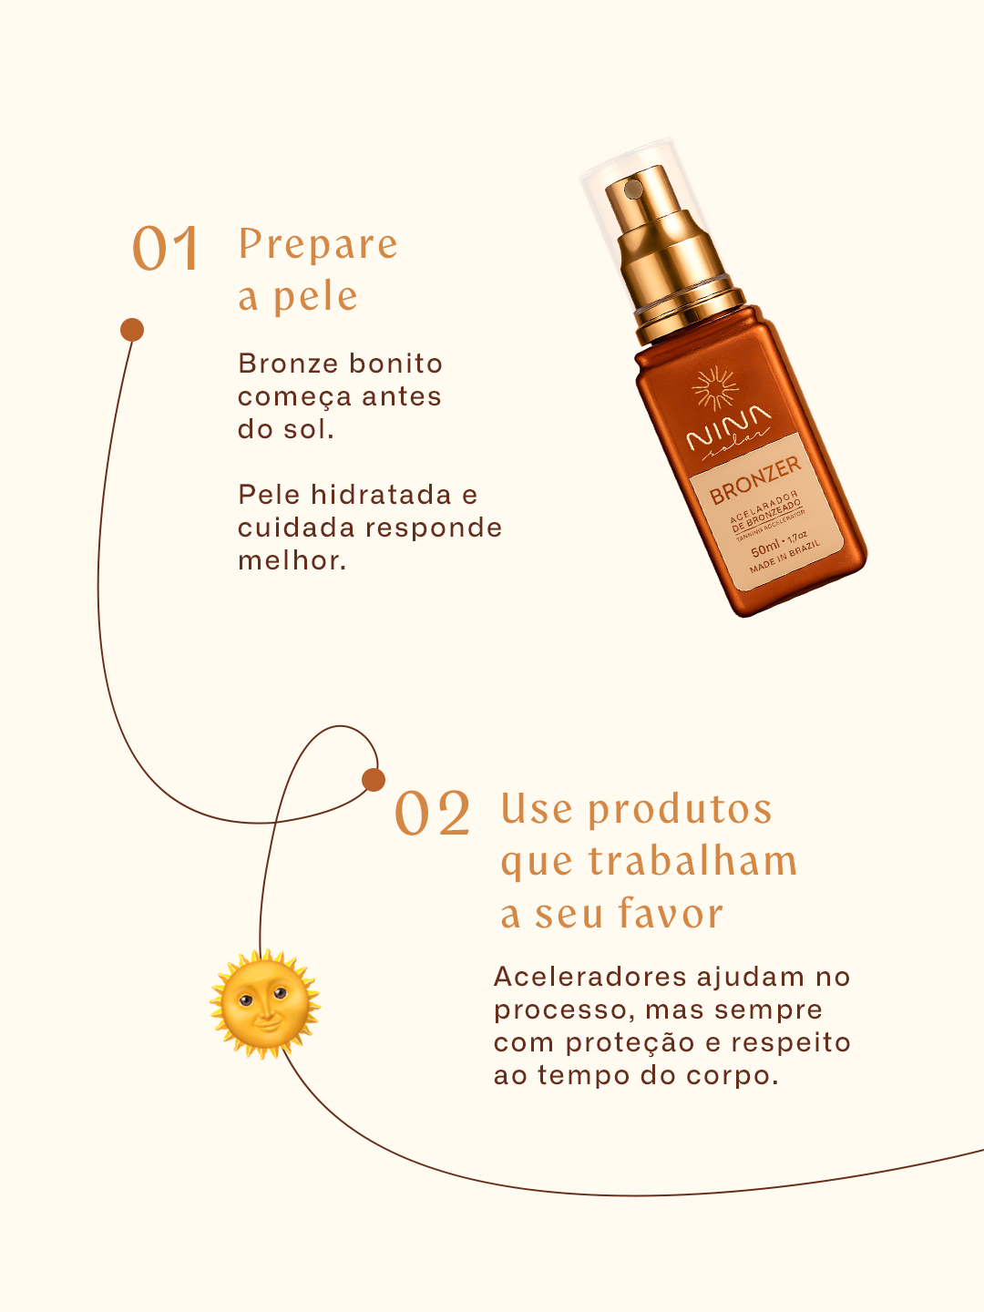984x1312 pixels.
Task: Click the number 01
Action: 165,248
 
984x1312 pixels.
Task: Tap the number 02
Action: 432,813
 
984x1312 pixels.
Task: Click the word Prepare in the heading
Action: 318,244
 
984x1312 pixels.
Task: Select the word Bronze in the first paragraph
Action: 289,364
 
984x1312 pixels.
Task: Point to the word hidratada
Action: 381,495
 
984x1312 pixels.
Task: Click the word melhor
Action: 292,560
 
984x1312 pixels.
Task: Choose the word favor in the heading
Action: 671,913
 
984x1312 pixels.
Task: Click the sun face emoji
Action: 264,1004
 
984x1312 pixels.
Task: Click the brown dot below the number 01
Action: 132,330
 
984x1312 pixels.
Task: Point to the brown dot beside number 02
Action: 374,779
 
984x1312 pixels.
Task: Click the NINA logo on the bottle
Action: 729,428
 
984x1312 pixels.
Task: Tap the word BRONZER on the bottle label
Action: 755,480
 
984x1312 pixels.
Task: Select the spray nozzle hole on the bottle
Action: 632,190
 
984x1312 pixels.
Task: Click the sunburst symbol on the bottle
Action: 714,388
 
